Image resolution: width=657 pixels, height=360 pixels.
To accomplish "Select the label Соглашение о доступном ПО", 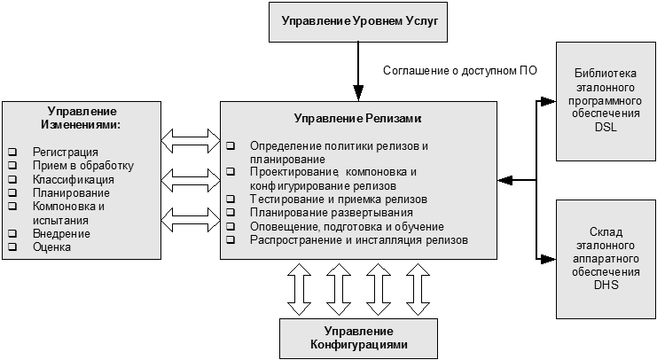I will point(460,69).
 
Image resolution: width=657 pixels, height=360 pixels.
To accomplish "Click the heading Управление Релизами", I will point(357,118).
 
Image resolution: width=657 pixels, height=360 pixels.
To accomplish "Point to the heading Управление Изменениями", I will point(82,117).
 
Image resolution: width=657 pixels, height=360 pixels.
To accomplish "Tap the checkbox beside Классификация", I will point(13,179).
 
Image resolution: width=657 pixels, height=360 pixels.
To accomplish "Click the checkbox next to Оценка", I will point(13,247).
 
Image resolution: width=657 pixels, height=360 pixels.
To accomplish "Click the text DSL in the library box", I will point(607,127).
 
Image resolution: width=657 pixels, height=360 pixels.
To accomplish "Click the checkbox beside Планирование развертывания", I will point(231,213).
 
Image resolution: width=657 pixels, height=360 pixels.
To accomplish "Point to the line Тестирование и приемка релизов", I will point(338,200).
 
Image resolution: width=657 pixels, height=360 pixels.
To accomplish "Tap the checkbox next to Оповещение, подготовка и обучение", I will point(231,226).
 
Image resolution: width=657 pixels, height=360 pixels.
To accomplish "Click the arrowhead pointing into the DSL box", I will point(550,100).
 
